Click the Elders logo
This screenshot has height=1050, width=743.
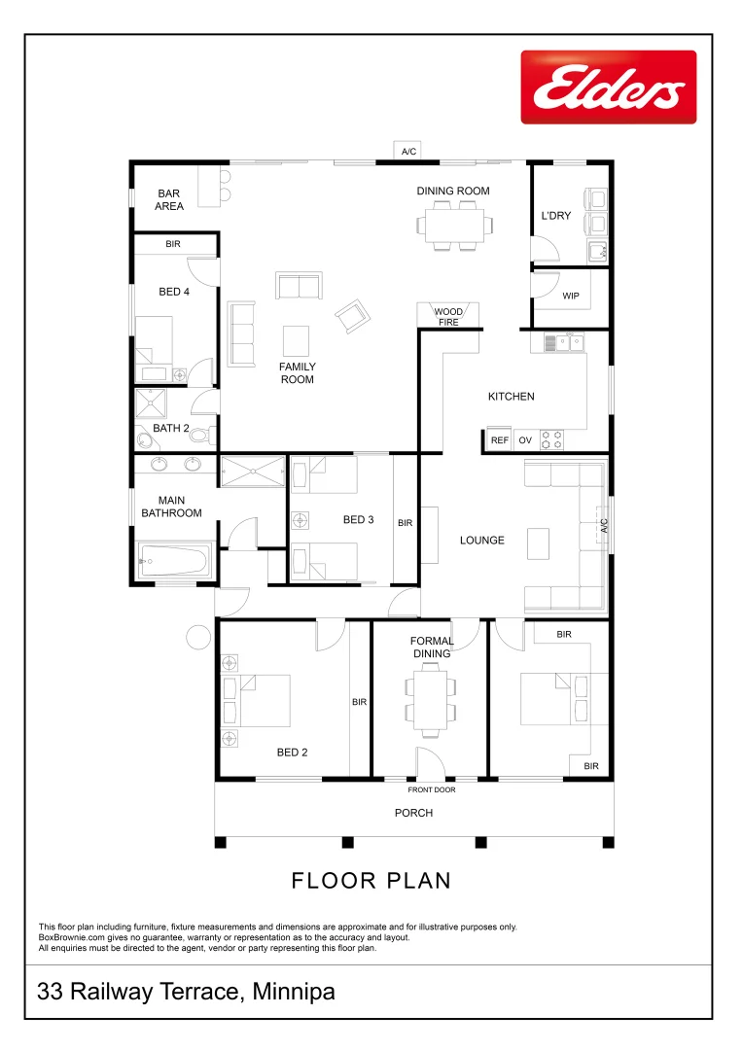click(x=608, y=87)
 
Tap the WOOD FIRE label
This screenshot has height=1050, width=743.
click(x=448, y=317)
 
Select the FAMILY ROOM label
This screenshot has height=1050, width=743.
click(x=298, y=373)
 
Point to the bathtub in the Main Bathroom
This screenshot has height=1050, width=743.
click(x=175, y=560)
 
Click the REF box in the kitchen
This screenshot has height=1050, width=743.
click(x=499, y=440)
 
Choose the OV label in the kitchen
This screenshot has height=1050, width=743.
click(x=525, y=440)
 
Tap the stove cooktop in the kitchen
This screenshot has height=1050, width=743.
click(x=552, y=439)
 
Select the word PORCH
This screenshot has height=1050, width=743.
click(x=413, y=813)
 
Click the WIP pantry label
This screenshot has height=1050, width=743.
click(x=571, y=296)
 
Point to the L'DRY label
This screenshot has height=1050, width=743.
click(x=556, y=216)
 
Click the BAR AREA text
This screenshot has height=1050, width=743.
click(x=169, y=200)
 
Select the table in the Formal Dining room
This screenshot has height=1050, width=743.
click(x=431, y=698)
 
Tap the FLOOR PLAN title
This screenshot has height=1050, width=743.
click(x=371, y=881)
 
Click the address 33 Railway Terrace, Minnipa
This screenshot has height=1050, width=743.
click(x=186, y=993)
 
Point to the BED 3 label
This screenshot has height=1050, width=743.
click(x=358, y=520)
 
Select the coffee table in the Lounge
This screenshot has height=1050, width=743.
click(x=539, y=543)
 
